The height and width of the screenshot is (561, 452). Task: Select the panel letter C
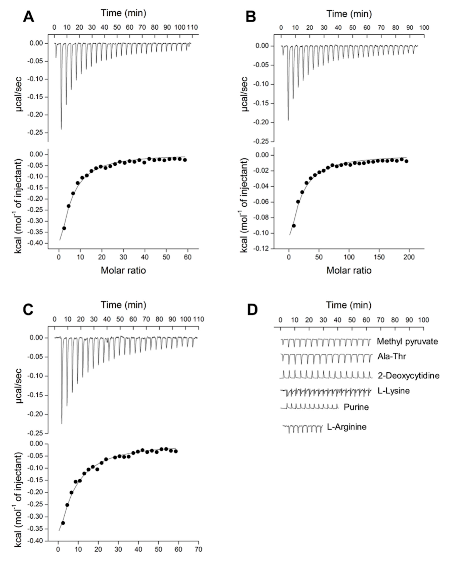[x=28, y=310]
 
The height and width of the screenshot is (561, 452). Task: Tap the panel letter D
[x=252, y=310]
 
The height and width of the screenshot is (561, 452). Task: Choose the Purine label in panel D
[x=356, y=407]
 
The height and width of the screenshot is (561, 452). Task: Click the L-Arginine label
[x=346, y=427]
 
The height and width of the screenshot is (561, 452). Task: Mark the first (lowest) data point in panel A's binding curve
[x=64, y=228]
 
